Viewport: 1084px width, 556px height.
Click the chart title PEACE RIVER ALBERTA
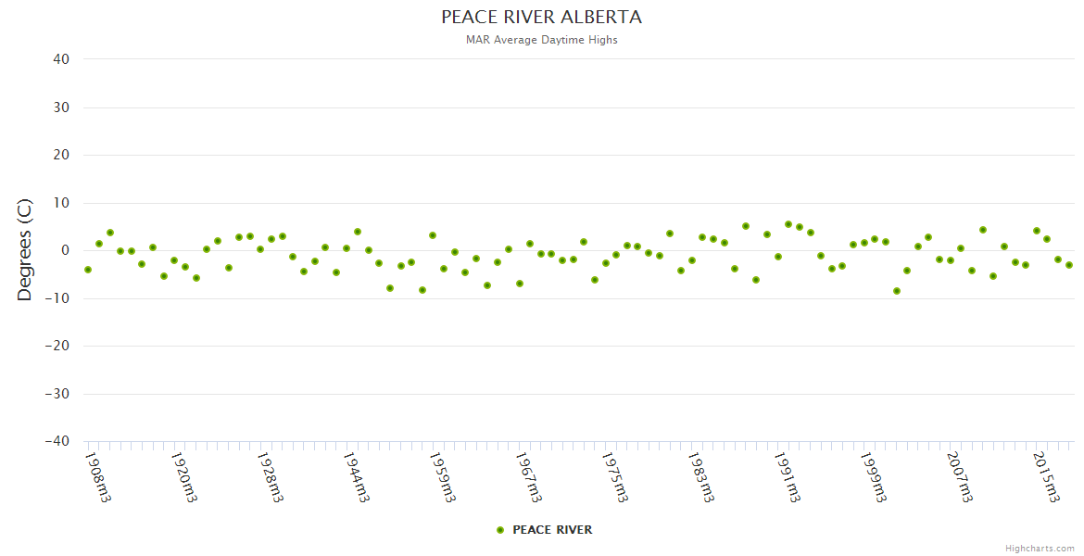point(541,18)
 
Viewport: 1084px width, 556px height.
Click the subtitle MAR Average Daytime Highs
point(541,40)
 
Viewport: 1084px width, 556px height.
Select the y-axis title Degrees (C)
point(25,250)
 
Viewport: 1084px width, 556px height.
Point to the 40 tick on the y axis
point(61,59)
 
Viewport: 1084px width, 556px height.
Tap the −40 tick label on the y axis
point(57,442)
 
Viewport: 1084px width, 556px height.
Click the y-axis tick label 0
point(65,250)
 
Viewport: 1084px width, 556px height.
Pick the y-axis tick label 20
point(61,155)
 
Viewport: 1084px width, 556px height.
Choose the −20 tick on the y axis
point(57,346)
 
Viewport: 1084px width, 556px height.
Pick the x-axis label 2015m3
point(1046,476)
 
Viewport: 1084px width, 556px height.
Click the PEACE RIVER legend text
point(552,530)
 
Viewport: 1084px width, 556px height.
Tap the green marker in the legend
point(500,530)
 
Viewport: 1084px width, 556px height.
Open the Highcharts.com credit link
point(1040,549)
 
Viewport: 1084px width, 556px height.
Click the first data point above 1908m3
point(88,270)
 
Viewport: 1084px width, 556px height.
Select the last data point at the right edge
point(1068,265)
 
